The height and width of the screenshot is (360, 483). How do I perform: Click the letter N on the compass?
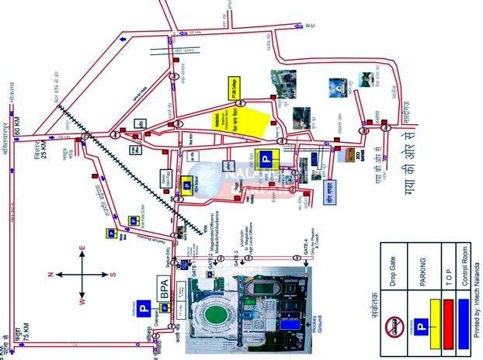point(51,274)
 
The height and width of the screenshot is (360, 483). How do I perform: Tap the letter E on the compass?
point(82,249)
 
